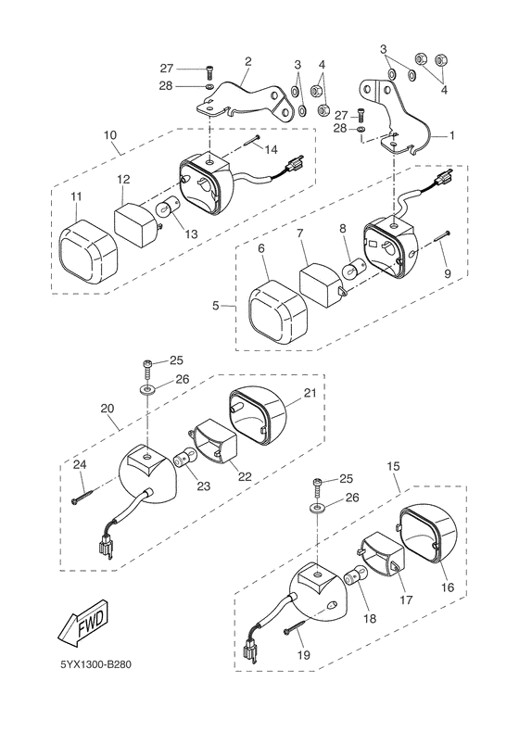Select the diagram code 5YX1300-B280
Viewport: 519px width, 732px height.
click(95, 664)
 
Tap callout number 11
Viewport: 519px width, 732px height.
click(76, 196)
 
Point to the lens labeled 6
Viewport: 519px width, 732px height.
click(277, 309)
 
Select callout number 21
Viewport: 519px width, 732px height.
click(310, 393)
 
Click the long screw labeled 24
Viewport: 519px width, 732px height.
click(83, 494)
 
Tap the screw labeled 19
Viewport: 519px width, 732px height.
click(295, 627)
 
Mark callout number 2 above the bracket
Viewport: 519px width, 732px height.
click(248, 61)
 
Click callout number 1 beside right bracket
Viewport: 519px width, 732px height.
click(451, 135)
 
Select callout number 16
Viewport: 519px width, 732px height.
click(448, 587)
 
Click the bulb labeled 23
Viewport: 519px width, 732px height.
click(183, 459)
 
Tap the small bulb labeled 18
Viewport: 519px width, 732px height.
click(353, 578)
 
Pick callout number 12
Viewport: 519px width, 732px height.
click(123, 179)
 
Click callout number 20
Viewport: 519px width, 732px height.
click(108, 408)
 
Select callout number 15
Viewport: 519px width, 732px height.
click(393, 465)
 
